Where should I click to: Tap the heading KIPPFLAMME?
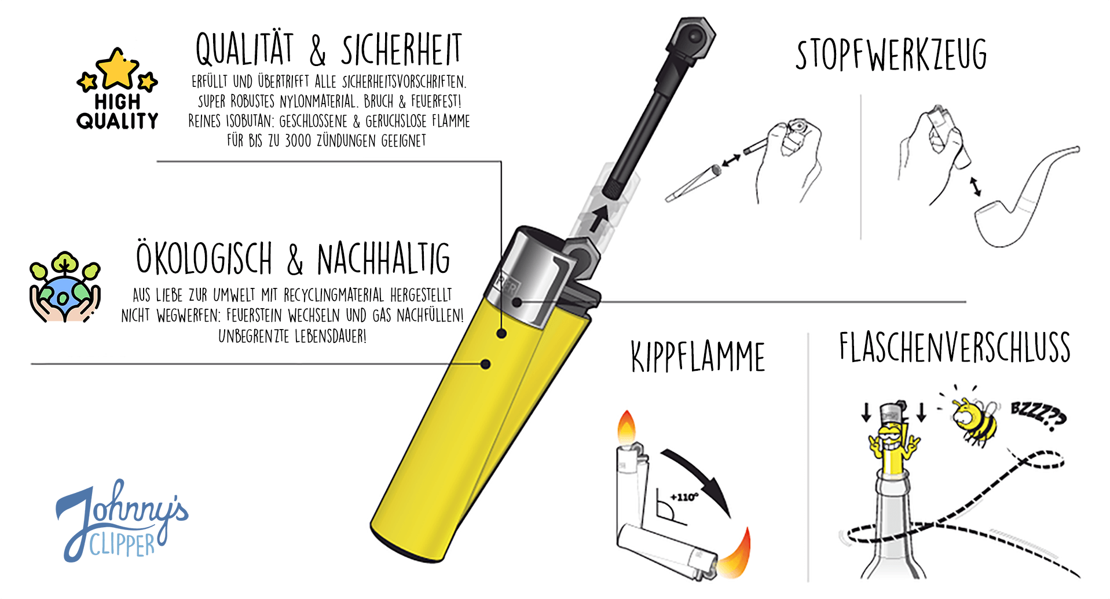(x=698, y=356)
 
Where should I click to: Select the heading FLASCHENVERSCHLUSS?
(x=955, y=347)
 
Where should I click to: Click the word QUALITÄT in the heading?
(x=244, y=49)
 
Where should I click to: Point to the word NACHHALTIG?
(x=383, y=258)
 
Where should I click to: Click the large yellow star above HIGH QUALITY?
(x=118, y=67)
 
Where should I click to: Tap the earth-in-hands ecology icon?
(x=65, y=287)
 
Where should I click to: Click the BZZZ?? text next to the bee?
(x=1038, y=415)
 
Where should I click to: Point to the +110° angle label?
(x=684, y=497)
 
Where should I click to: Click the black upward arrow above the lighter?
(x=599, y=218)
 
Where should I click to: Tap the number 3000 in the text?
(x=298, y=141)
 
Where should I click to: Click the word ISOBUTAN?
(x=250, y=121)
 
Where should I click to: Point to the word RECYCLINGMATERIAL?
(x=334, y=295)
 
